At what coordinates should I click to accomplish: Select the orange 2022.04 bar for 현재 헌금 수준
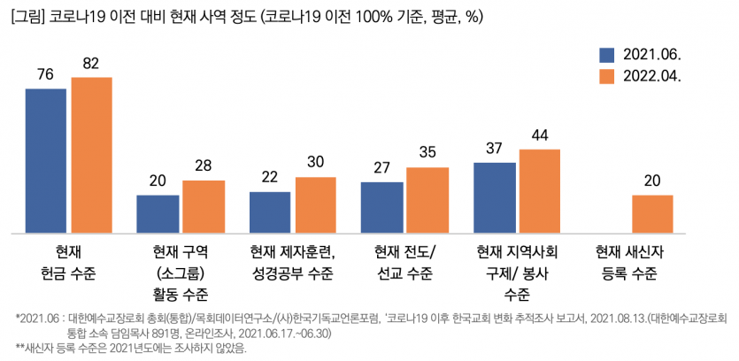91,156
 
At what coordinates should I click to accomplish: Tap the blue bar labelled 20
158,214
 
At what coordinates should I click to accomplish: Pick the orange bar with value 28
204,207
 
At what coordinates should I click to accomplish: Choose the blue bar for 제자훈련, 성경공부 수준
270,212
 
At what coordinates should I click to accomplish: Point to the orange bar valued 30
316,205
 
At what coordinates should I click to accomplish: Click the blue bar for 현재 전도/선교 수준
382,208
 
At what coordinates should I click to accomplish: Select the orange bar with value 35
427,201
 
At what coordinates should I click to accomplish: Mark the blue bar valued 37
495,198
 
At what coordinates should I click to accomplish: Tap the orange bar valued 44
540,191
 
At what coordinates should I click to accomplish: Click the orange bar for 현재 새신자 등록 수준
652,214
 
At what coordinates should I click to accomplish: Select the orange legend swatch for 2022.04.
606,77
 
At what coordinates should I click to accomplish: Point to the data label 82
91,63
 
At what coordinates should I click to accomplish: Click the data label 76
46,74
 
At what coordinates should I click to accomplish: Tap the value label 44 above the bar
540,135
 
